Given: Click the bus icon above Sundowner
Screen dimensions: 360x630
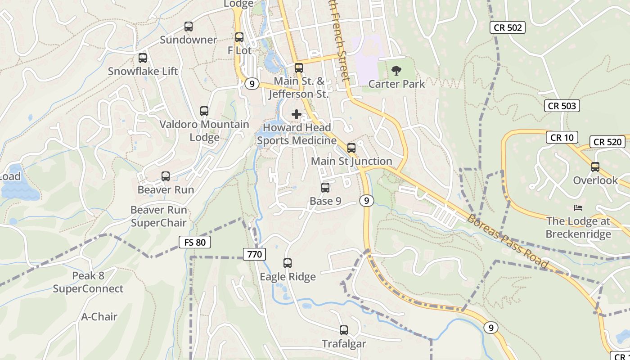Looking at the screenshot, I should point(189,27).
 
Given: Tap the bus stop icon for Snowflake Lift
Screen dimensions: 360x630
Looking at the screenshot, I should point(143,58).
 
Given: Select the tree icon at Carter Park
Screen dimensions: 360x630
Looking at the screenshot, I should point(396,71).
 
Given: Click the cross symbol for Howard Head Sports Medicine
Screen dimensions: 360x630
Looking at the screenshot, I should point(297,114).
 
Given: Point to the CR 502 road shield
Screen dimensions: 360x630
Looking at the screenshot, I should point(508,27).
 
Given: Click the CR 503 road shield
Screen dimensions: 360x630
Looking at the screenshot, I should point(562,106).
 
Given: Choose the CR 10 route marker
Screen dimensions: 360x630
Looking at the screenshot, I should point(562,137).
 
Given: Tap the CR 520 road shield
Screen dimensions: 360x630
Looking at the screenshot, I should point(607,142).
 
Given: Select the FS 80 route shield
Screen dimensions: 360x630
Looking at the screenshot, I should point(194,242).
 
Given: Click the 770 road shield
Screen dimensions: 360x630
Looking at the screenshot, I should point(254,254).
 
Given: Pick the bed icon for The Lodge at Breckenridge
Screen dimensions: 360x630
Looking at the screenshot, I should point(578,207).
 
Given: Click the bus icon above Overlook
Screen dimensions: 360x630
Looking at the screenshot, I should point(595,167).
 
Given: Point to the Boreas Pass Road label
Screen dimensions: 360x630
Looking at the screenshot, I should point(508,242).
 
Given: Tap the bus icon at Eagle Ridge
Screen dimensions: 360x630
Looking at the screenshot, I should point(288,263).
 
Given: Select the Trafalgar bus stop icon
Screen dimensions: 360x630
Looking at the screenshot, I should point(344,330).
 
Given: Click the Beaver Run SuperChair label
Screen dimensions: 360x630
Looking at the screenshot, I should point(158,216).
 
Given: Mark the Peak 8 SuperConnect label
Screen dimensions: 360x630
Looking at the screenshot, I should point(88,282).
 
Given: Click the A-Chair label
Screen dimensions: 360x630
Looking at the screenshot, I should point(99,317).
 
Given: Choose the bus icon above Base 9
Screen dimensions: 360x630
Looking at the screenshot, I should point(325,188).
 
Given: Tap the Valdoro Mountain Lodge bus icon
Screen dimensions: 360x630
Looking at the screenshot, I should point(204,111).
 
